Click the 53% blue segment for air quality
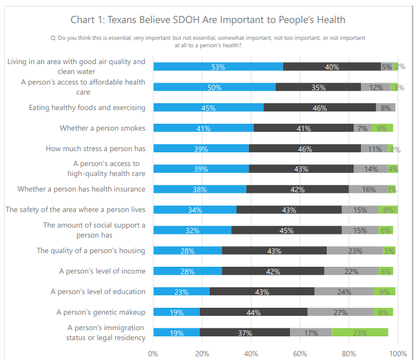point(218,67)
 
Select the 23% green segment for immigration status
point(360,333)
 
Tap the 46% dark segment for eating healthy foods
point(320,108)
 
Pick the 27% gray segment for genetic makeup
point(340,312)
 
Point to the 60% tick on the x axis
point(300,353)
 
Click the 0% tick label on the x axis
point(154,353)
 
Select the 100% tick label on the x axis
point(396,353)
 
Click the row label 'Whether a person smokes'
point(103,128)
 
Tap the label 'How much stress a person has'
point(95,149)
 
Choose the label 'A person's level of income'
point(102,271)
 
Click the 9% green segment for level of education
point(384,292)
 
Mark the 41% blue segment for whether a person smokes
point(204,128)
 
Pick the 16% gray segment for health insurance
point(368,189)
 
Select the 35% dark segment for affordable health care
point(318,87)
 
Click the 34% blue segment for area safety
point(195,210)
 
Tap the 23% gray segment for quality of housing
point(355,251)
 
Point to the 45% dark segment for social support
point(286,230)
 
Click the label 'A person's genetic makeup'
point(101,312)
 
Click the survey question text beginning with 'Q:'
point(208,41)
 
